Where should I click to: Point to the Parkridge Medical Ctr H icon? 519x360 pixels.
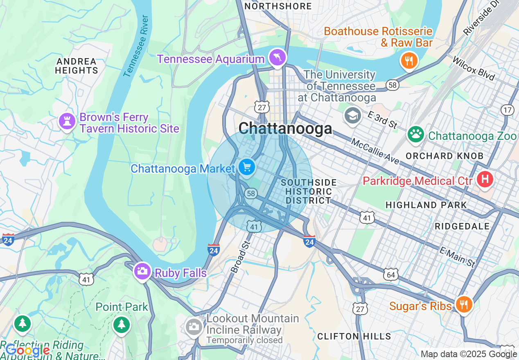point(485,180)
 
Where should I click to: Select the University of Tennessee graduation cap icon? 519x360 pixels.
point(352,116)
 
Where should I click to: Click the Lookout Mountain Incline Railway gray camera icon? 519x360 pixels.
point(194,327)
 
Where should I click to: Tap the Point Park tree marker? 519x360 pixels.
point(121,325)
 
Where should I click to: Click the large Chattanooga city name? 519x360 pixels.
point(285,129)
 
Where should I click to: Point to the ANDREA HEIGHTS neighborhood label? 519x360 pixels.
point(77,66)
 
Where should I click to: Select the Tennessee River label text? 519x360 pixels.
point(135,46)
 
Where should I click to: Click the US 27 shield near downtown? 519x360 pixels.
point(262,107)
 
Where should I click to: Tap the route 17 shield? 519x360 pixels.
point(507,110)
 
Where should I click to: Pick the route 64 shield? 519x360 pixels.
point(391,274)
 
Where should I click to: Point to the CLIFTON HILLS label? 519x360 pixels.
point(354,337)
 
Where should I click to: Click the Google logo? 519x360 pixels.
point(28,351)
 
